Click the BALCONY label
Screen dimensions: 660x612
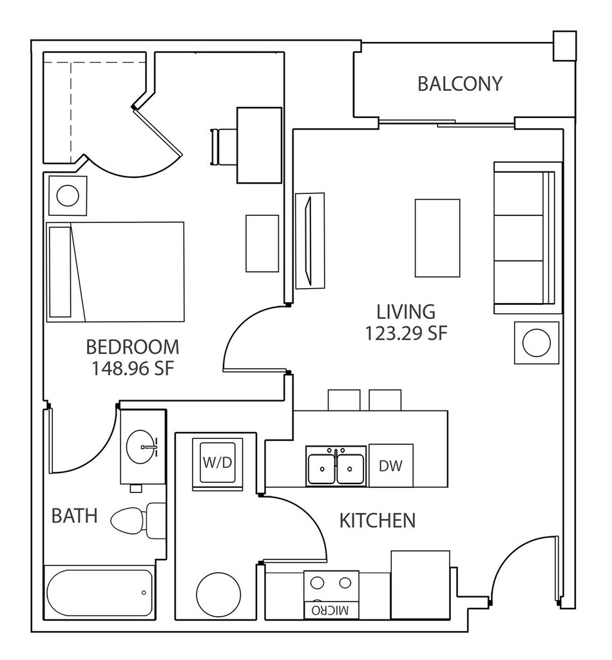[459, 84]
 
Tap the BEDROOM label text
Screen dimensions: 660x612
[132, 347]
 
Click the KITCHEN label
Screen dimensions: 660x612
[377, 520]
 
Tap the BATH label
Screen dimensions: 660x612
[74, 516]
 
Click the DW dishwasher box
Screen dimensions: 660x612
[391, 465]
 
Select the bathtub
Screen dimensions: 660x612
[100, 592]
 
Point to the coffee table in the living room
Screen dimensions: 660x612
[437, 238]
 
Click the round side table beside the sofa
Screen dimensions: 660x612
[536, 342]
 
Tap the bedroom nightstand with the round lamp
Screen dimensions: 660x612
[66, 195]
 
